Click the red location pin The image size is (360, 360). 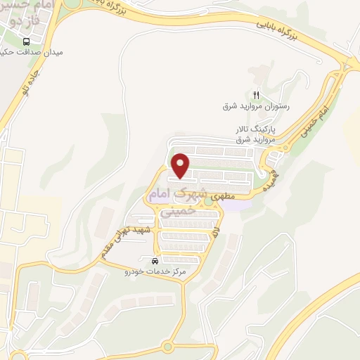[x=181, y=166]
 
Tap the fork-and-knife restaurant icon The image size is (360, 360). [x=257, y=96]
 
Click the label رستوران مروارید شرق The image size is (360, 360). [x=256, y=106]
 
